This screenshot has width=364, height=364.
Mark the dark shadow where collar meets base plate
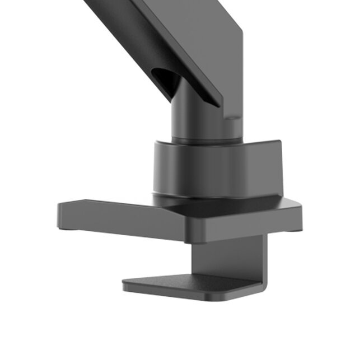click(x=190, y=199)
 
